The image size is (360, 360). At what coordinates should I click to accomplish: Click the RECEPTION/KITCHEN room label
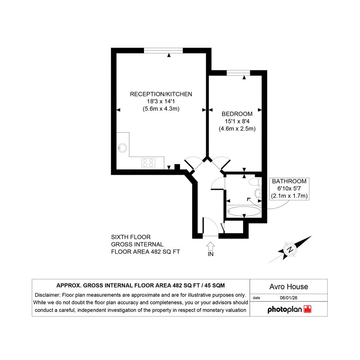(x=161, y=94)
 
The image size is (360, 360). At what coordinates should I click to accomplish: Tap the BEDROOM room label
(x=237, y=114)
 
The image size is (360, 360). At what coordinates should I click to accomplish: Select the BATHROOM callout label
(x=289, y=181)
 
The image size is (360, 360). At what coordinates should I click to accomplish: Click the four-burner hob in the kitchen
(x=148, y=163)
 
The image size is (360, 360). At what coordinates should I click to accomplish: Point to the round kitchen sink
(x=122, y=148)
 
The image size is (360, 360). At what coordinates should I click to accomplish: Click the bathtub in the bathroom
(x=244, y=211)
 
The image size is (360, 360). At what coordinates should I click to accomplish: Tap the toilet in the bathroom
(x=254, y=182)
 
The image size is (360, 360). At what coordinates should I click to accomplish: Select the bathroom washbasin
(x=258, y=193)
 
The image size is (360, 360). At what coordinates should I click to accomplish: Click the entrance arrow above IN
(x=211, y=246)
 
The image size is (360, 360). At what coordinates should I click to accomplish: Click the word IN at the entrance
(x=211, y=254)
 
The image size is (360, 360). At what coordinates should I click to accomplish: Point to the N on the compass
(x=290, y=250)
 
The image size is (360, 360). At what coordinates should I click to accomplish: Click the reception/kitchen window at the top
(x=163, y=50)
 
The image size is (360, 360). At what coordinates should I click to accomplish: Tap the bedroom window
(x=238, y=73)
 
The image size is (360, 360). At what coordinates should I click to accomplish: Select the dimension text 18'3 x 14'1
(x=161, y=101)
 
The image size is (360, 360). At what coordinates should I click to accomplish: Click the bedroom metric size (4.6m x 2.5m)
(x=237, y=129)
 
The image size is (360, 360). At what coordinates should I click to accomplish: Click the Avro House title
(x=289, y=286)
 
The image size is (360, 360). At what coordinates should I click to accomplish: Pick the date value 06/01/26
(x=289, y=298)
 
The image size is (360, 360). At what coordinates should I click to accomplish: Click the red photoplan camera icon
(x=307, y=309)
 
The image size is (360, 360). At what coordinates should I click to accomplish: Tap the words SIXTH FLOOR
(x=131, y=237)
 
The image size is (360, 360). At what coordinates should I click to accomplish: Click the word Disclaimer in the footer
(x=48, y=295)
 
